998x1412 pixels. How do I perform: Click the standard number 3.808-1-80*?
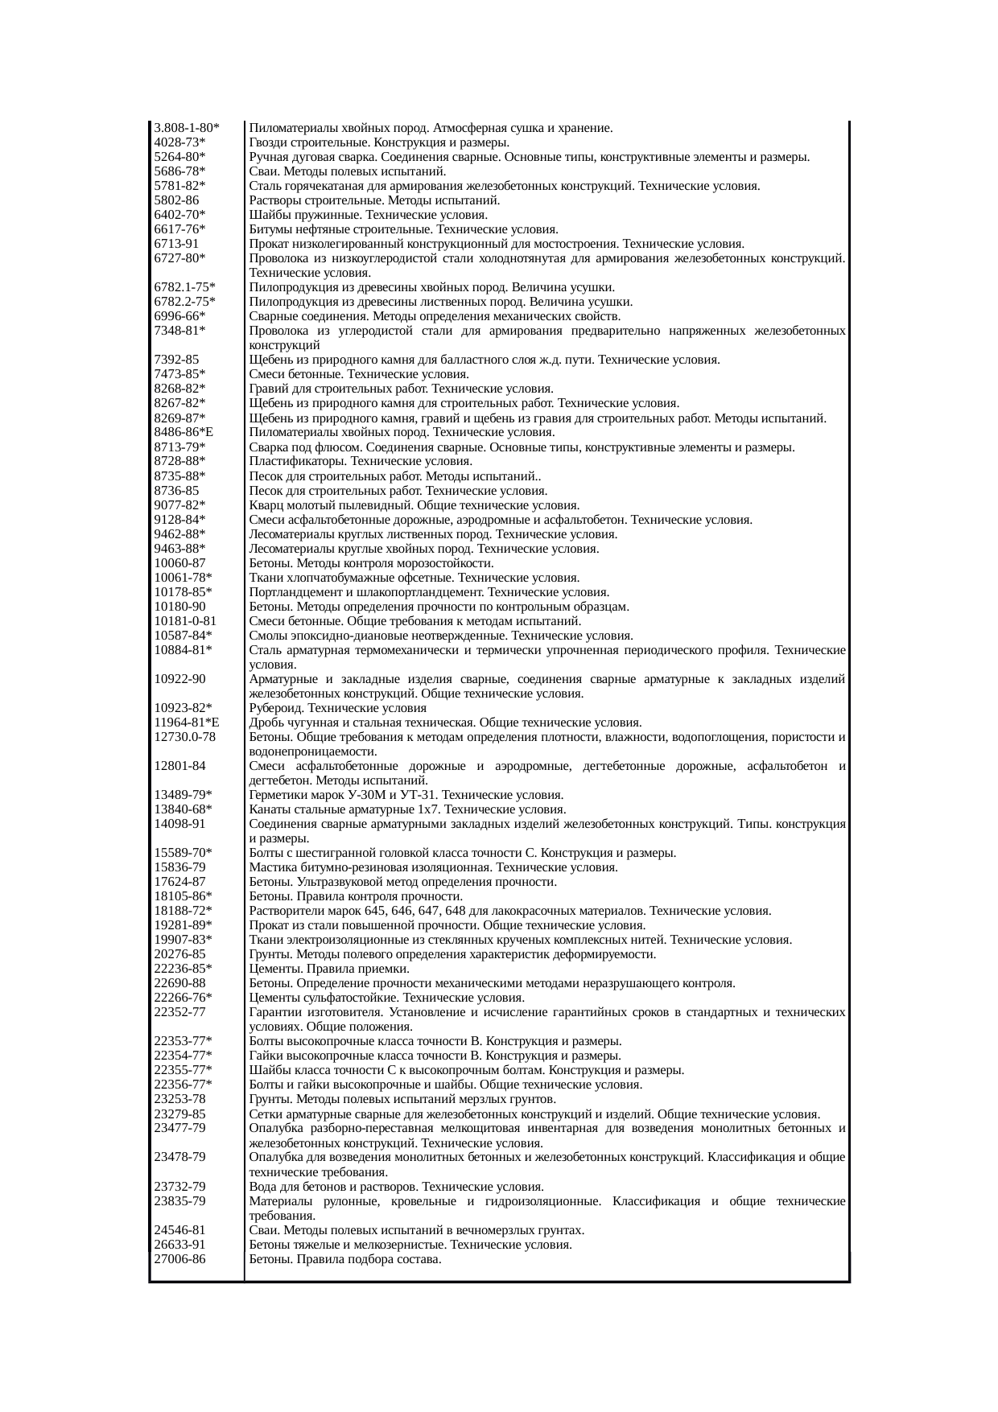tap(187, 128)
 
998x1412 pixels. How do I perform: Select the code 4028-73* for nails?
tap(179, 142)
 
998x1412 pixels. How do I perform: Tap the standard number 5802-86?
tap(176, 200)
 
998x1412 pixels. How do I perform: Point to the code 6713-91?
tap(176, 244)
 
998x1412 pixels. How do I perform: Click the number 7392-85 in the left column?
tap(176, 360)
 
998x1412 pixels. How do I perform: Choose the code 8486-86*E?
tap(184, 432)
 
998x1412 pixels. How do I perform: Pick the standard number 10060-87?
tap(179, 563)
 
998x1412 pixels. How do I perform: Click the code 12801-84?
tap(179, 766)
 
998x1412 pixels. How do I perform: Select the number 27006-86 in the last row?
tap(179, 1258)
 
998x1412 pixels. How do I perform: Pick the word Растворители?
tap(286, 911)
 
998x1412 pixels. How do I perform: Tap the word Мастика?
tap(272, 867)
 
